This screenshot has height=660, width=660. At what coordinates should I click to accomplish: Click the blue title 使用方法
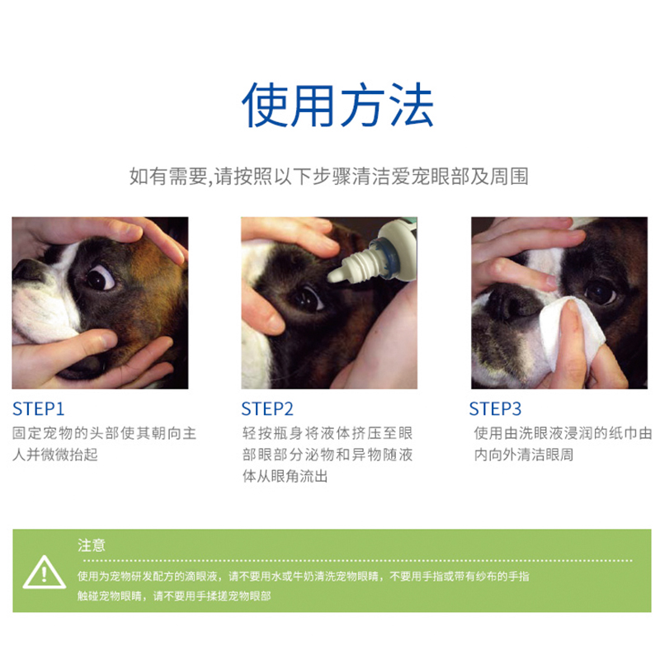click(x=337, y=105)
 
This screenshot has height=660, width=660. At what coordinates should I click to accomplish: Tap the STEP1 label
click(x=38, y=408)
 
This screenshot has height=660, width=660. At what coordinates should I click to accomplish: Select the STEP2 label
click(x=266, y=408)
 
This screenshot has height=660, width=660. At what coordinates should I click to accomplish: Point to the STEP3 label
click(x=495, y=408)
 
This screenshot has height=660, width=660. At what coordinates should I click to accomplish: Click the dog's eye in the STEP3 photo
click(x=601, y=291)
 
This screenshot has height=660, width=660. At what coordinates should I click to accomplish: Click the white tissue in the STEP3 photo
click(x=572, y=332)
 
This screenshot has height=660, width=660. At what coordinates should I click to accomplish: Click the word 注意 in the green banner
click(x=92, y=545)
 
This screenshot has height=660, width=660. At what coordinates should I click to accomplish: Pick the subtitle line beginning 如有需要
click(x=329, y=176)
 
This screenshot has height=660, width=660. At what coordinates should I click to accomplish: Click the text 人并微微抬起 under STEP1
click(x=55, y=455)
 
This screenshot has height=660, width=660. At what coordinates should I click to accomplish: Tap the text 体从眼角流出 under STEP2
click(x=285, y=476)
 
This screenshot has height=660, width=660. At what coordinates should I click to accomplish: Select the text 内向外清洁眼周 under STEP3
click(x=524, y=455)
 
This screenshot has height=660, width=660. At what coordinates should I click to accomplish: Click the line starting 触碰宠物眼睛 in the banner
click(x=174, y=596)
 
